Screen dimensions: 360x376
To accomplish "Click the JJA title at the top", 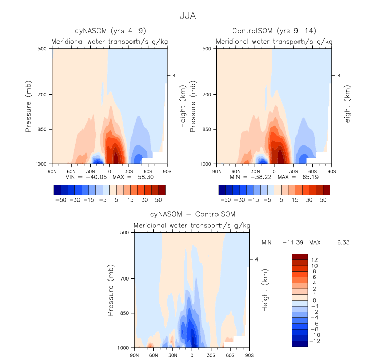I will point(188,16).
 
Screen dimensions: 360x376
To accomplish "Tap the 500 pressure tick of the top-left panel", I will point(43,49).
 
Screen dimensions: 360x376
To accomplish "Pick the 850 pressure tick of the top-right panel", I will point(208,129).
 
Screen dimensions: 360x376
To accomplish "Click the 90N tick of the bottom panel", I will point(135,355).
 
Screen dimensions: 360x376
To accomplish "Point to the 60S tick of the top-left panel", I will point(148,171).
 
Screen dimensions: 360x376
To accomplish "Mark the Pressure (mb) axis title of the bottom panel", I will point(111,290).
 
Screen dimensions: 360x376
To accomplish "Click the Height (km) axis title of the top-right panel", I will point(348,106).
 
